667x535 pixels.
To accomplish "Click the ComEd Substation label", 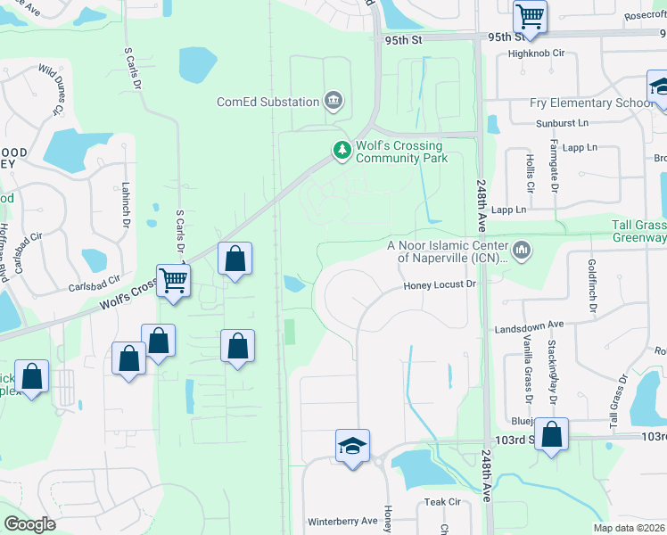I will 268,102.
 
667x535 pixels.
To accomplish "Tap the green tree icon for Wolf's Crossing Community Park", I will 342,151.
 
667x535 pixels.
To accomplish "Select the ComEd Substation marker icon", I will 333,100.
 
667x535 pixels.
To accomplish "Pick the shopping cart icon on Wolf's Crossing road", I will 173,280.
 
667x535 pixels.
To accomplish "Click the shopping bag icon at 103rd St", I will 552,435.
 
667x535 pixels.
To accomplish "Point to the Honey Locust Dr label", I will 441,284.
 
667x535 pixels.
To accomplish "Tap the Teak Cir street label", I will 441,502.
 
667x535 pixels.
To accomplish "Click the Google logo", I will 30,524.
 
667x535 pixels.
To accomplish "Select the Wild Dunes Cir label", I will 48,89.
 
